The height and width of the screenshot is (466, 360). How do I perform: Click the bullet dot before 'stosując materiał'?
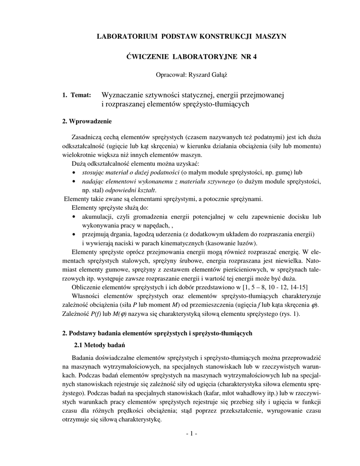click(x=74, y=173)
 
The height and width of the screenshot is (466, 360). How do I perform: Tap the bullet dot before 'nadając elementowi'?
click(x=74, y=182)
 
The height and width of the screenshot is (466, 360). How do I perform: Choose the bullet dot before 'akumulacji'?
click(x=74, y=217)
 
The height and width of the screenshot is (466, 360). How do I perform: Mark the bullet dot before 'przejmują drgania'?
click(x=74, y=234)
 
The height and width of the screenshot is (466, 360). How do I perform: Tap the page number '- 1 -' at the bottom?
click(x=191, y=434)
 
